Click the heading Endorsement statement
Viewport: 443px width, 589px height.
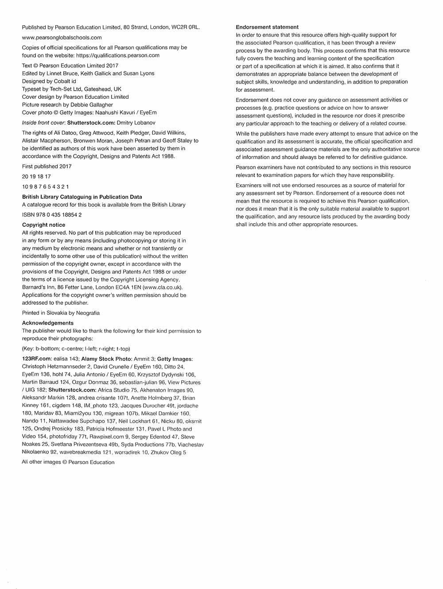pos(267,27)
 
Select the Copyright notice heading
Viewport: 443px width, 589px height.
pos(43,225)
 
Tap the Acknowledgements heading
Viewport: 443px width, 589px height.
pos(48,323)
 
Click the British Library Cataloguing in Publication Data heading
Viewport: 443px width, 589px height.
pos(82,197)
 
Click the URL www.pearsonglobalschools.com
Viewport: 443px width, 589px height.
pos(62,38)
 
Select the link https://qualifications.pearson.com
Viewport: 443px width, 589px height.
pos(118,55)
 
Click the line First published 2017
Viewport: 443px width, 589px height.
pos(47,167)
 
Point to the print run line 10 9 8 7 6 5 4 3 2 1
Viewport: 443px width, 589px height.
pos(45,186)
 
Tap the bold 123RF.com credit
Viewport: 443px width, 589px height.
pos(37,359)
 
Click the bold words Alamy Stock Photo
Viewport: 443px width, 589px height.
pos(106,359)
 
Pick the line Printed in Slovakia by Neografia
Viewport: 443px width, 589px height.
pos(61,313)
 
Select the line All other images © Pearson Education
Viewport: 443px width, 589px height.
pos(68,462)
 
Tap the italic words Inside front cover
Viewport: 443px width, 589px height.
pos(43,123)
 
